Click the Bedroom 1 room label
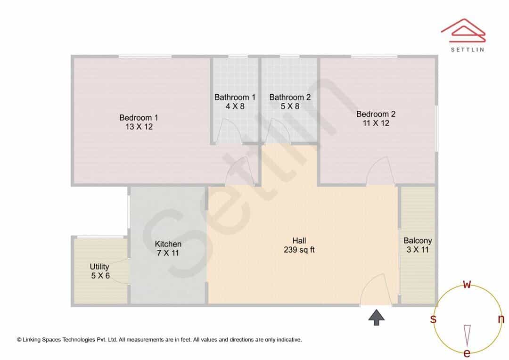point(139,117)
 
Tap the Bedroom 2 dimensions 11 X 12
point(376,123)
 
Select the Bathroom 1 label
point(235,97)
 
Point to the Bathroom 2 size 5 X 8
point(290,106)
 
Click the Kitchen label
point(168,244)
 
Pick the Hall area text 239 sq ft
point(299,250)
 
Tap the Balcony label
point(418,240)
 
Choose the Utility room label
point(99,267)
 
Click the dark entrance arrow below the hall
point(376,317)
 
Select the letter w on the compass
point(467,284)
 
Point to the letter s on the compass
point(433,319)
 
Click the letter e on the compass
point(467,353)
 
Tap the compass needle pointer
point(467,335)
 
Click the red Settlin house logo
point(463,31)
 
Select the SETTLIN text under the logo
point(468,49)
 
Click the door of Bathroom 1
point(229,131)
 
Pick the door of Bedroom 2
point(380,171)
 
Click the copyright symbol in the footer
point(19,340)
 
